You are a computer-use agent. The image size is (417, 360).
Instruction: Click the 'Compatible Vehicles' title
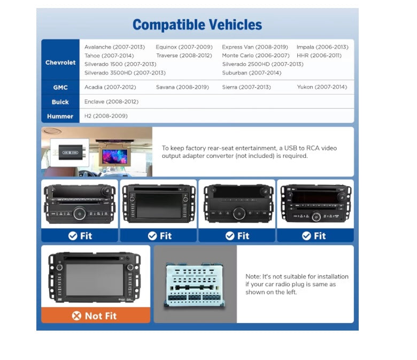197,25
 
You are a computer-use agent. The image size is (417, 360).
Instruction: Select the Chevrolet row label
60,63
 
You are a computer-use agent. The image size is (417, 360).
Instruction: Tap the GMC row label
60,88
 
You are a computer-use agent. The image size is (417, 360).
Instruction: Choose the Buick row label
60,102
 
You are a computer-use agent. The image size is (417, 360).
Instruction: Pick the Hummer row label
60,116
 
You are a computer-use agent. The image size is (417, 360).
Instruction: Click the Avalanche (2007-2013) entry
114,47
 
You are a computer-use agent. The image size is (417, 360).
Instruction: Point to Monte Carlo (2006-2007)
256,56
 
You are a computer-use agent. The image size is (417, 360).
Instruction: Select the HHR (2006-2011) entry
319,56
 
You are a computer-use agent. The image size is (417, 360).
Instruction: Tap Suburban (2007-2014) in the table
252,73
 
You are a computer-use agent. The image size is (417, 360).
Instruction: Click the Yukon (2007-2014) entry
322,87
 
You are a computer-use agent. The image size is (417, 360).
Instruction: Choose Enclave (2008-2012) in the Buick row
111,102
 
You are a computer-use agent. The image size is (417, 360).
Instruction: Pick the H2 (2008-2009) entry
106,116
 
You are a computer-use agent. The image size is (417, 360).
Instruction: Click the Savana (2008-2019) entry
182,87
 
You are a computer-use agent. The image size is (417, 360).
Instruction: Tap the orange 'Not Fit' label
96,315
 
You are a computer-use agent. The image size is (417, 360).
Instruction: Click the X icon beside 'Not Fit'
76,316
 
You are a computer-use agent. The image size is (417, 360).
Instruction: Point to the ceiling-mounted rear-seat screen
114,155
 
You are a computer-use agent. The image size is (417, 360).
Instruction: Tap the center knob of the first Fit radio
80,213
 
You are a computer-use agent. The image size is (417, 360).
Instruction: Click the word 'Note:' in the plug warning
253,277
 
